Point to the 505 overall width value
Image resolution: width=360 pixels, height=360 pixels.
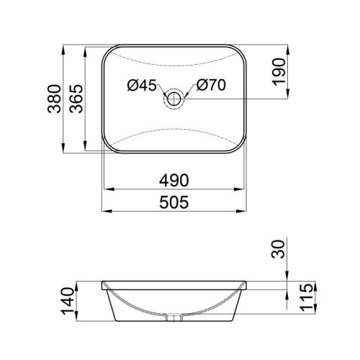pyautogui.click(x=174, y=202)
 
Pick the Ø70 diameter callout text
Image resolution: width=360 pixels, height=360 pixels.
pyautogui.click(x=212, y=86)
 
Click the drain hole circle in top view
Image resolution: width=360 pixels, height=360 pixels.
pyautogui.click(x=174, y=99)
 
